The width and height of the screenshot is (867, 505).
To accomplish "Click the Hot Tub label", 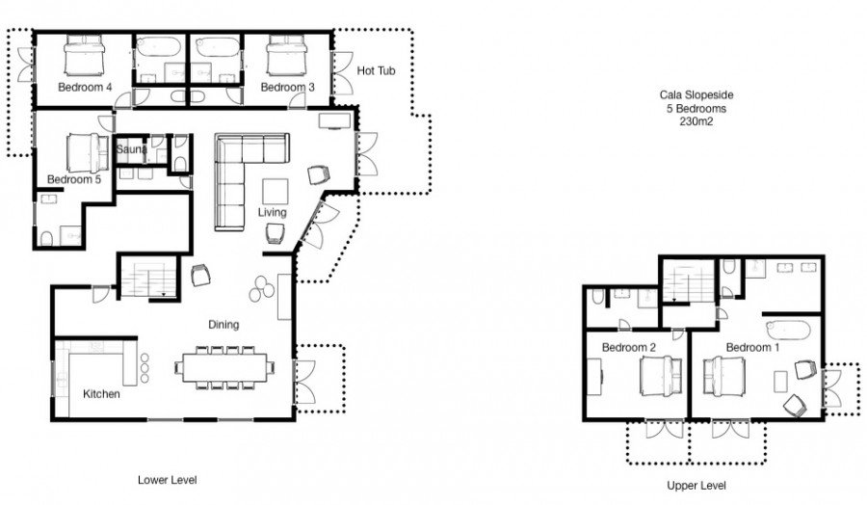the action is (376, 70).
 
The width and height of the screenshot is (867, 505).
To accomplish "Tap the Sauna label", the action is (132, 149).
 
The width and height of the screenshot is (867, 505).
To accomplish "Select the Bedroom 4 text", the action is (85, 87).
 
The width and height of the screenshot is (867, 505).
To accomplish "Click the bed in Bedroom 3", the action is (286, 55).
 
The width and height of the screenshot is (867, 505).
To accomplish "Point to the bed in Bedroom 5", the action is (88, 152).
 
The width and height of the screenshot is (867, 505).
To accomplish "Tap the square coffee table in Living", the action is (275, 192).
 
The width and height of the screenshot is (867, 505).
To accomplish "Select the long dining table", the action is (225, 367).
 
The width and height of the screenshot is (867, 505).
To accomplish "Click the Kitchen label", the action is (101, 394).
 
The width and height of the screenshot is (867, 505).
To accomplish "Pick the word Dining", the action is (223, 324).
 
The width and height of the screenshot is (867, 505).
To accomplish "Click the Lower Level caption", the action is (167, 480).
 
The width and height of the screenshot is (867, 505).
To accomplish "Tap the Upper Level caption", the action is (696, 486).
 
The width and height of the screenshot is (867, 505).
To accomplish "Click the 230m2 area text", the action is (696, 121).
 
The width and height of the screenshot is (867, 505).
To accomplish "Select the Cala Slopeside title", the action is (696, 95).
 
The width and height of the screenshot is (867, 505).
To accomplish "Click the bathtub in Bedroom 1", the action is (788, 331).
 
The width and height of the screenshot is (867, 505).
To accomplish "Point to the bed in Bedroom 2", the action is (661, 376).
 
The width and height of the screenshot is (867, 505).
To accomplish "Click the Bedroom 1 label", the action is (752, 347).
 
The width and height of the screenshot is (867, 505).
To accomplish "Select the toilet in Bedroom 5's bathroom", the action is (46, 238).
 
